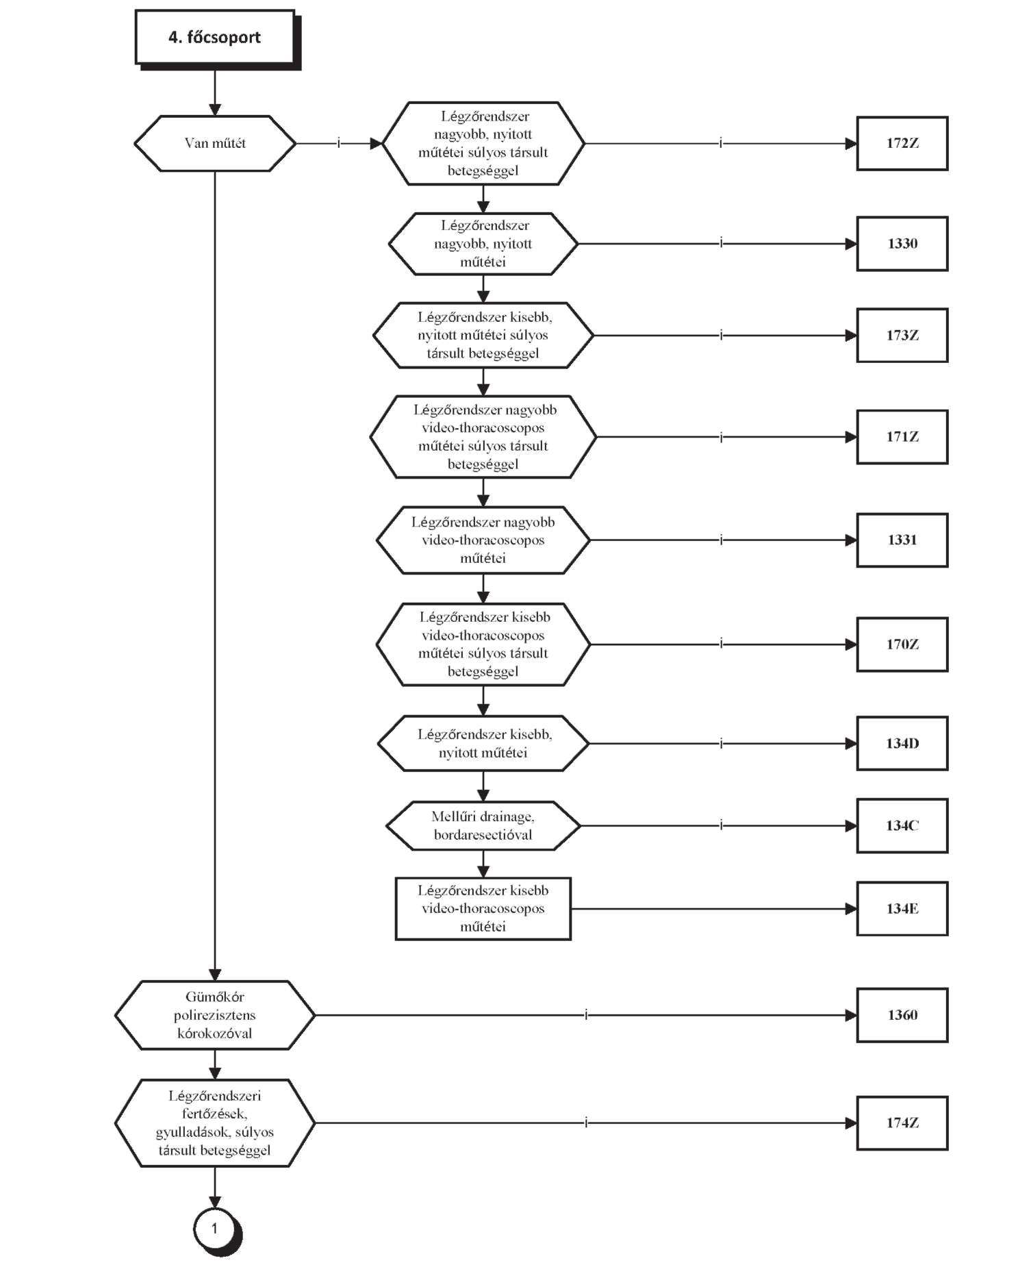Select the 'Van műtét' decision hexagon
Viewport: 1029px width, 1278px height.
pos(215,143)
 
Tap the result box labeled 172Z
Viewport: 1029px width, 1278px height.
pos(902,143)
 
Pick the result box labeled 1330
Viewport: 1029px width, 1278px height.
pos(902,244)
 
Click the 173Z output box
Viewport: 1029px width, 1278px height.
pos(902,336)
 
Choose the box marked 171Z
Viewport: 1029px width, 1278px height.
pos(902,437)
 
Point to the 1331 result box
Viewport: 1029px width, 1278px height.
pos(902,540)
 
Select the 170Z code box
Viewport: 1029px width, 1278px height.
pos(902,644)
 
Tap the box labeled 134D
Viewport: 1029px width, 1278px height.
pos(902,744)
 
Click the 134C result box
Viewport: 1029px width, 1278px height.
pos(902,826)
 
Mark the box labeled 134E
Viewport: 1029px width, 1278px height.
pos(902,909)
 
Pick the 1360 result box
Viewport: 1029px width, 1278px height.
pos(902,1015)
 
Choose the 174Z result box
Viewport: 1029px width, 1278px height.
pos(902,1123)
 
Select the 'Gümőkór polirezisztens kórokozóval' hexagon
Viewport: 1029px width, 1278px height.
pos(215,1015)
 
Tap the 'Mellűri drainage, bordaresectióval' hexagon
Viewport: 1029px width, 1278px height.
pos(483,826)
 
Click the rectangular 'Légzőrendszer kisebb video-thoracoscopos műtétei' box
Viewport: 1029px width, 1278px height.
pos(483,909)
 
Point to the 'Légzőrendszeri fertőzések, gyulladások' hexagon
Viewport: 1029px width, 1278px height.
pos(215,1123)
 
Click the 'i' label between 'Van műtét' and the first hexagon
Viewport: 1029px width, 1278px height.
pos(338,143)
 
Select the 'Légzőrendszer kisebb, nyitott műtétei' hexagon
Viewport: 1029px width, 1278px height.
pos(483,744)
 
